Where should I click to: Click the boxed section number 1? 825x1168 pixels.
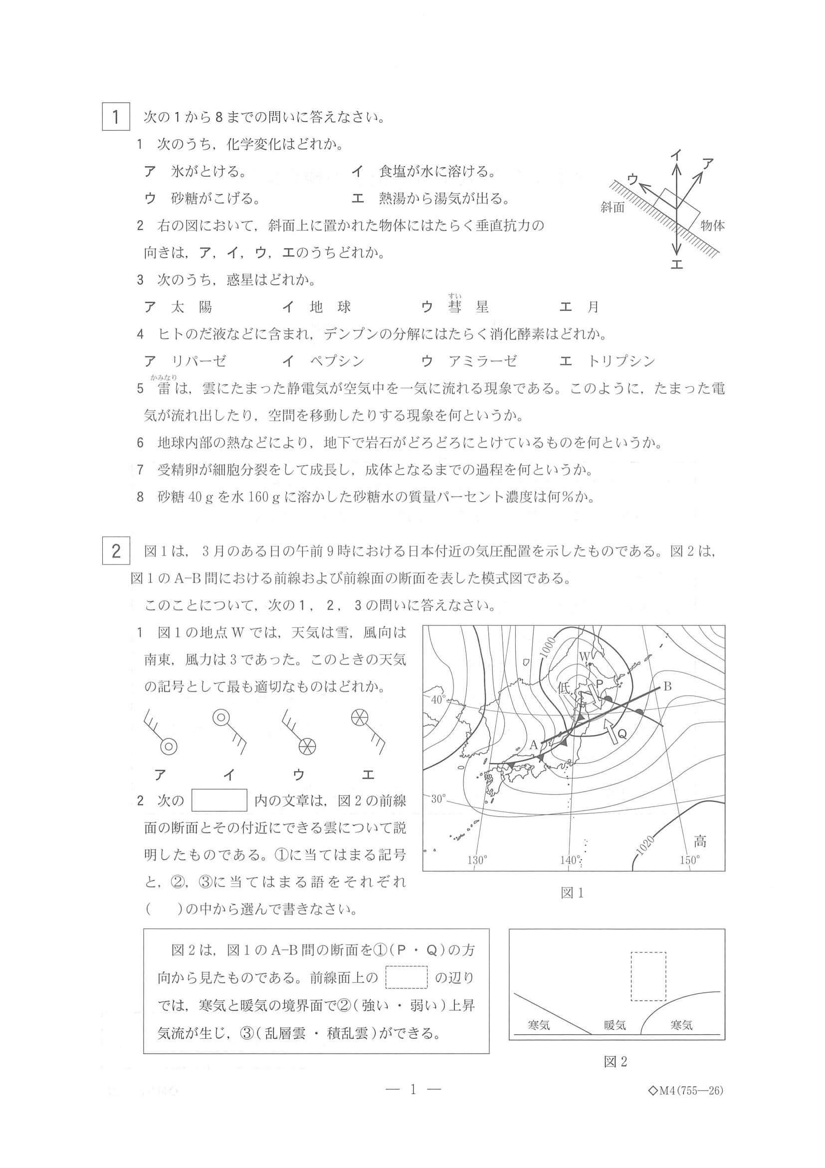(x=116, y=117)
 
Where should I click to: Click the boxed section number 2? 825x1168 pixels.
(x=116, y=551)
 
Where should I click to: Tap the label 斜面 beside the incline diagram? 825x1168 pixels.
(x=612, y=208)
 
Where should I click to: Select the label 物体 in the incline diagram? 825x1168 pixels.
(x=712, y=226)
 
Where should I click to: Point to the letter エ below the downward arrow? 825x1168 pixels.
(x=676, y=265)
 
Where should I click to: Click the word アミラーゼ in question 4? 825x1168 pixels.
(x=482, y=361)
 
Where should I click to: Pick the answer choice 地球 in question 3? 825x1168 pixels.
(x=330, y=307)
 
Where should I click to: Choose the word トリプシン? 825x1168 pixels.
(x=621, y=361)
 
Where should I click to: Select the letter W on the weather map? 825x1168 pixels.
(x=584, y=656)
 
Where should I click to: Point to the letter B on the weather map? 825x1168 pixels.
(x=667, y=687)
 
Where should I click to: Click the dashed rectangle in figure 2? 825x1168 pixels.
(x=648, y=976)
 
